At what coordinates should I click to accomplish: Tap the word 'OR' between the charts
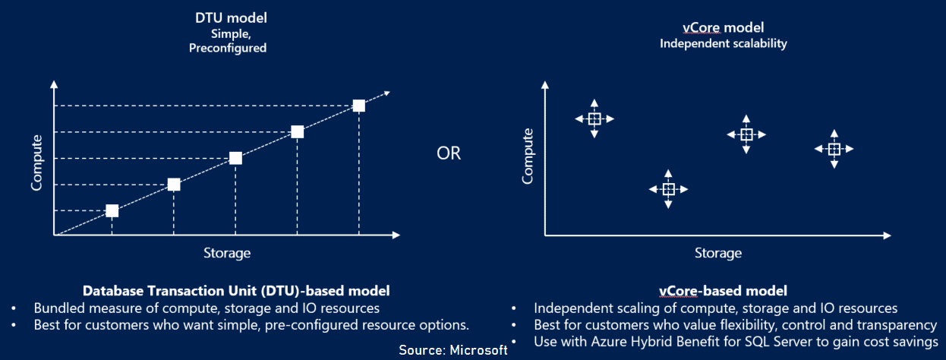point(449,154)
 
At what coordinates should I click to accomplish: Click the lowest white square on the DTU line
point(112,210)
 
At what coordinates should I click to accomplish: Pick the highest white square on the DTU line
point(359,106)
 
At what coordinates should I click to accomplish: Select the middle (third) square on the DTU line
point(235,158)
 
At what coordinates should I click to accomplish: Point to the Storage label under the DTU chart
point(227,252)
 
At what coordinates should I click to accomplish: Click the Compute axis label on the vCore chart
point(527,156)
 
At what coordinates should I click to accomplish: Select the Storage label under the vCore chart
point(718,252)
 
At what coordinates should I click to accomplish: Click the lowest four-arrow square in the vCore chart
point(668,189)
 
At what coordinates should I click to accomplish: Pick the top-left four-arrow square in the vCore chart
point(594,118)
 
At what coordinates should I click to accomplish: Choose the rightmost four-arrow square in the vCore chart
point(834,149)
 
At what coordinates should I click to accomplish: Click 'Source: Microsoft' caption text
point(453,350)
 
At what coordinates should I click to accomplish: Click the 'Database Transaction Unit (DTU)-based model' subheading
point(236,290)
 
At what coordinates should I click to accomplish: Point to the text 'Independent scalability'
point(723,43)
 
